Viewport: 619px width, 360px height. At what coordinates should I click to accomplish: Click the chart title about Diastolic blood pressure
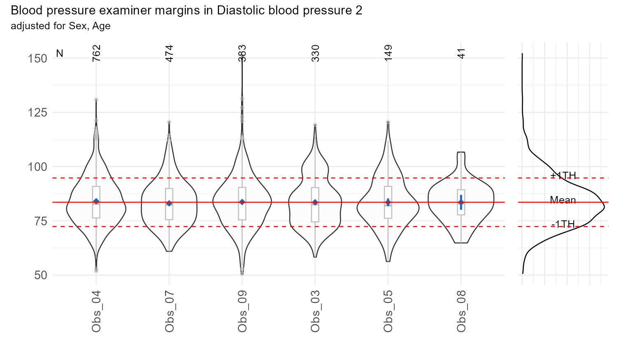186,10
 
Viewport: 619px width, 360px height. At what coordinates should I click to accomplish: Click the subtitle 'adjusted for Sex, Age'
61,26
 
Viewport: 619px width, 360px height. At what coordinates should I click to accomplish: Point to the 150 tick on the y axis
37,58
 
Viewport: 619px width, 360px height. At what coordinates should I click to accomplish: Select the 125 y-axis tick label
37,112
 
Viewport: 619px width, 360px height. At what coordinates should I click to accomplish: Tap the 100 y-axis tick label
37,167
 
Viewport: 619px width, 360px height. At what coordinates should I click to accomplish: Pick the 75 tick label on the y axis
40,221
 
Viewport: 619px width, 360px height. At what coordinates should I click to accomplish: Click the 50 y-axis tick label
40,275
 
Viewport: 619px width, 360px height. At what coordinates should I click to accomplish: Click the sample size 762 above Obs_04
96,54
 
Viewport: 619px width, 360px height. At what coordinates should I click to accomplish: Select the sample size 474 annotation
169,54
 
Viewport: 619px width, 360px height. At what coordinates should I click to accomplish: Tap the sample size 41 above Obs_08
461,54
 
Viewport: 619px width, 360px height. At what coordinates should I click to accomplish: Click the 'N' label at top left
60,54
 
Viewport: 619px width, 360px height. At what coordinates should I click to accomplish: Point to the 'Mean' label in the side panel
563,200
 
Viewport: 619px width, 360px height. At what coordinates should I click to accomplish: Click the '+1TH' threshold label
563,175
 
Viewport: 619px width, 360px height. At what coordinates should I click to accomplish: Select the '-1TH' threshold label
563,224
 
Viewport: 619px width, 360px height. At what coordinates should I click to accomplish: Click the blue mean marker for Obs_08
461,202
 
